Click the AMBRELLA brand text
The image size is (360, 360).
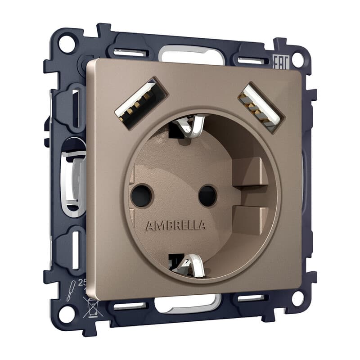[x=175, y=225]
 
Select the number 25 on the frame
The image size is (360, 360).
[x=82, y=283]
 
